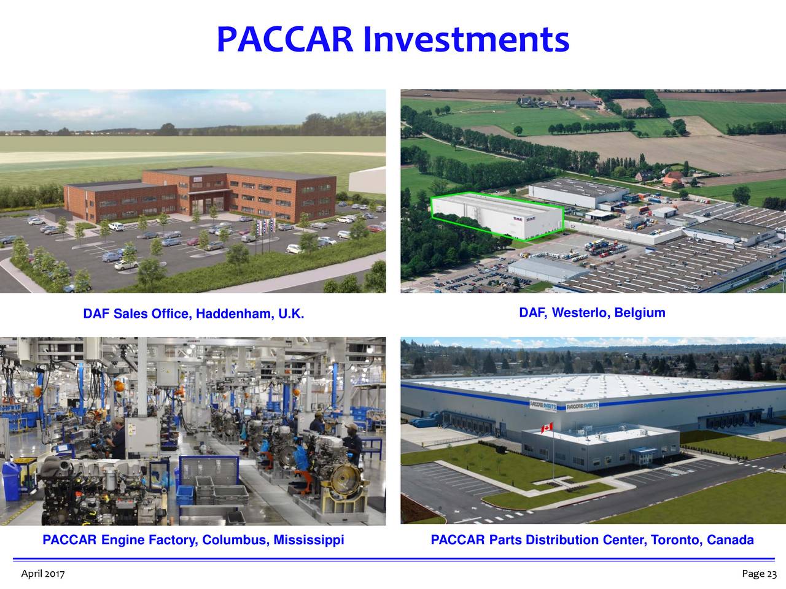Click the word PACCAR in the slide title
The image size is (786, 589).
point(284,40)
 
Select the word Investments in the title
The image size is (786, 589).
point(465,40)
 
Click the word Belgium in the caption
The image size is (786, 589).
point(640,313)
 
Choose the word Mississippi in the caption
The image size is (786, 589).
point(308,541)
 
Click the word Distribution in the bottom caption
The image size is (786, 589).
point(565,541)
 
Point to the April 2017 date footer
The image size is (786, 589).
point(43,574)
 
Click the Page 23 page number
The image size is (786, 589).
point(759,574)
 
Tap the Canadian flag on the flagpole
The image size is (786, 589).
point(546,427)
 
